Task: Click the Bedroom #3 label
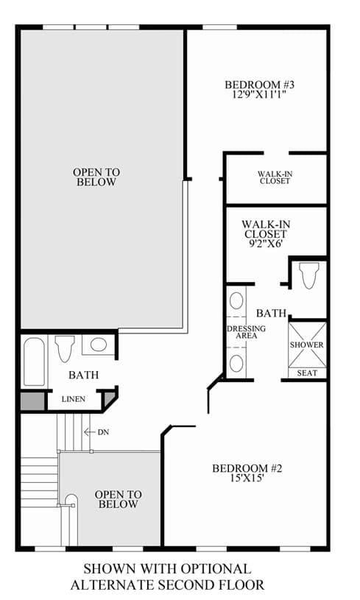coord(259,85)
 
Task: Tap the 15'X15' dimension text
coord(247,478)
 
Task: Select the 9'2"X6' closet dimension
coord(266,243)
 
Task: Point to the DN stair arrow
coord(90,432)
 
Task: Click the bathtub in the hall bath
coord(35,361)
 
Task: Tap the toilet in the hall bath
coord(65,349)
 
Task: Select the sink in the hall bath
coord(99,345)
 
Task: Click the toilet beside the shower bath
coord(308,275)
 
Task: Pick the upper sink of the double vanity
coord(236,301)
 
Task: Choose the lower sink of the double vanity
coord(236,363)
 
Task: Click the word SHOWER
coord(306,345)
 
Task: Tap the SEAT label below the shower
coord(307,373)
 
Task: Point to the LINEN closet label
coord(74,399)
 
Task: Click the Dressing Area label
coord(247,332)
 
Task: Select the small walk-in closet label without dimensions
coord(275,177)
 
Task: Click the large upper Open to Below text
coord(96,177)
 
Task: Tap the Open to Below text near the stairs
coord(119,499)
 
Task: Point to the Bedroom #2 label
coord(247,468)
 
